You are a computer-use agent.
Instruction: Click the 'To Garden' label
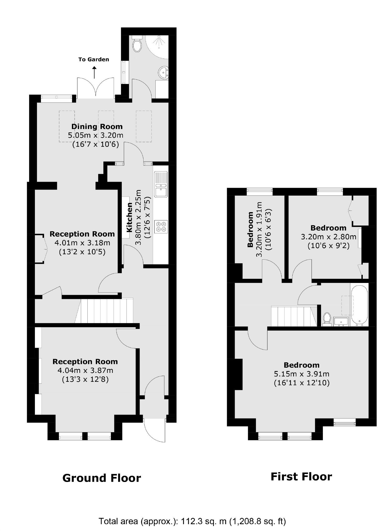tap(93, 60)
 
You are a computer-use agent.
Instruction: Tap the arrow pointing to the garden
tap(94, 73)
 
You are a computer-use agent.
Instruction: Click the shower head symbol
tap(158, 42)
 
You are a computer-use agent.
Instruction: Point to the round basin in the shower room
tap(163, 72)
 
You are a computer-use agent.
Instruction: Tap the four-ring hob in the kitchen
tap(161, 227)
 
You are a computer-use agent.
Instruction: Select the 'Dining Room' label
tap(97, 127)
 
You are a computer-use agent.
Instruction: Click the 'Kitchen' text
tap(129, 217)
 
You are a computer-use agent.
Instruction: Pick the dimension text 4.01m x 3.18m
tap(82, 243)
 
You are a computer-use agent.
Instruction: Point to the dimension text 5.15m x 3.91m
tap(302, 374)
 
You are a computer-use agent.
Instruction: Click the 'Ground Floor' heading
tap(102, 478)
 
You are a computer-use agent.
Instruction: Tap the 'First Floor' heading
tap(301, 476)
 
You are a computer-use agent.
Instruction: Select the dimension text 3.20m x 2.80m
tap(328, 237)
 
